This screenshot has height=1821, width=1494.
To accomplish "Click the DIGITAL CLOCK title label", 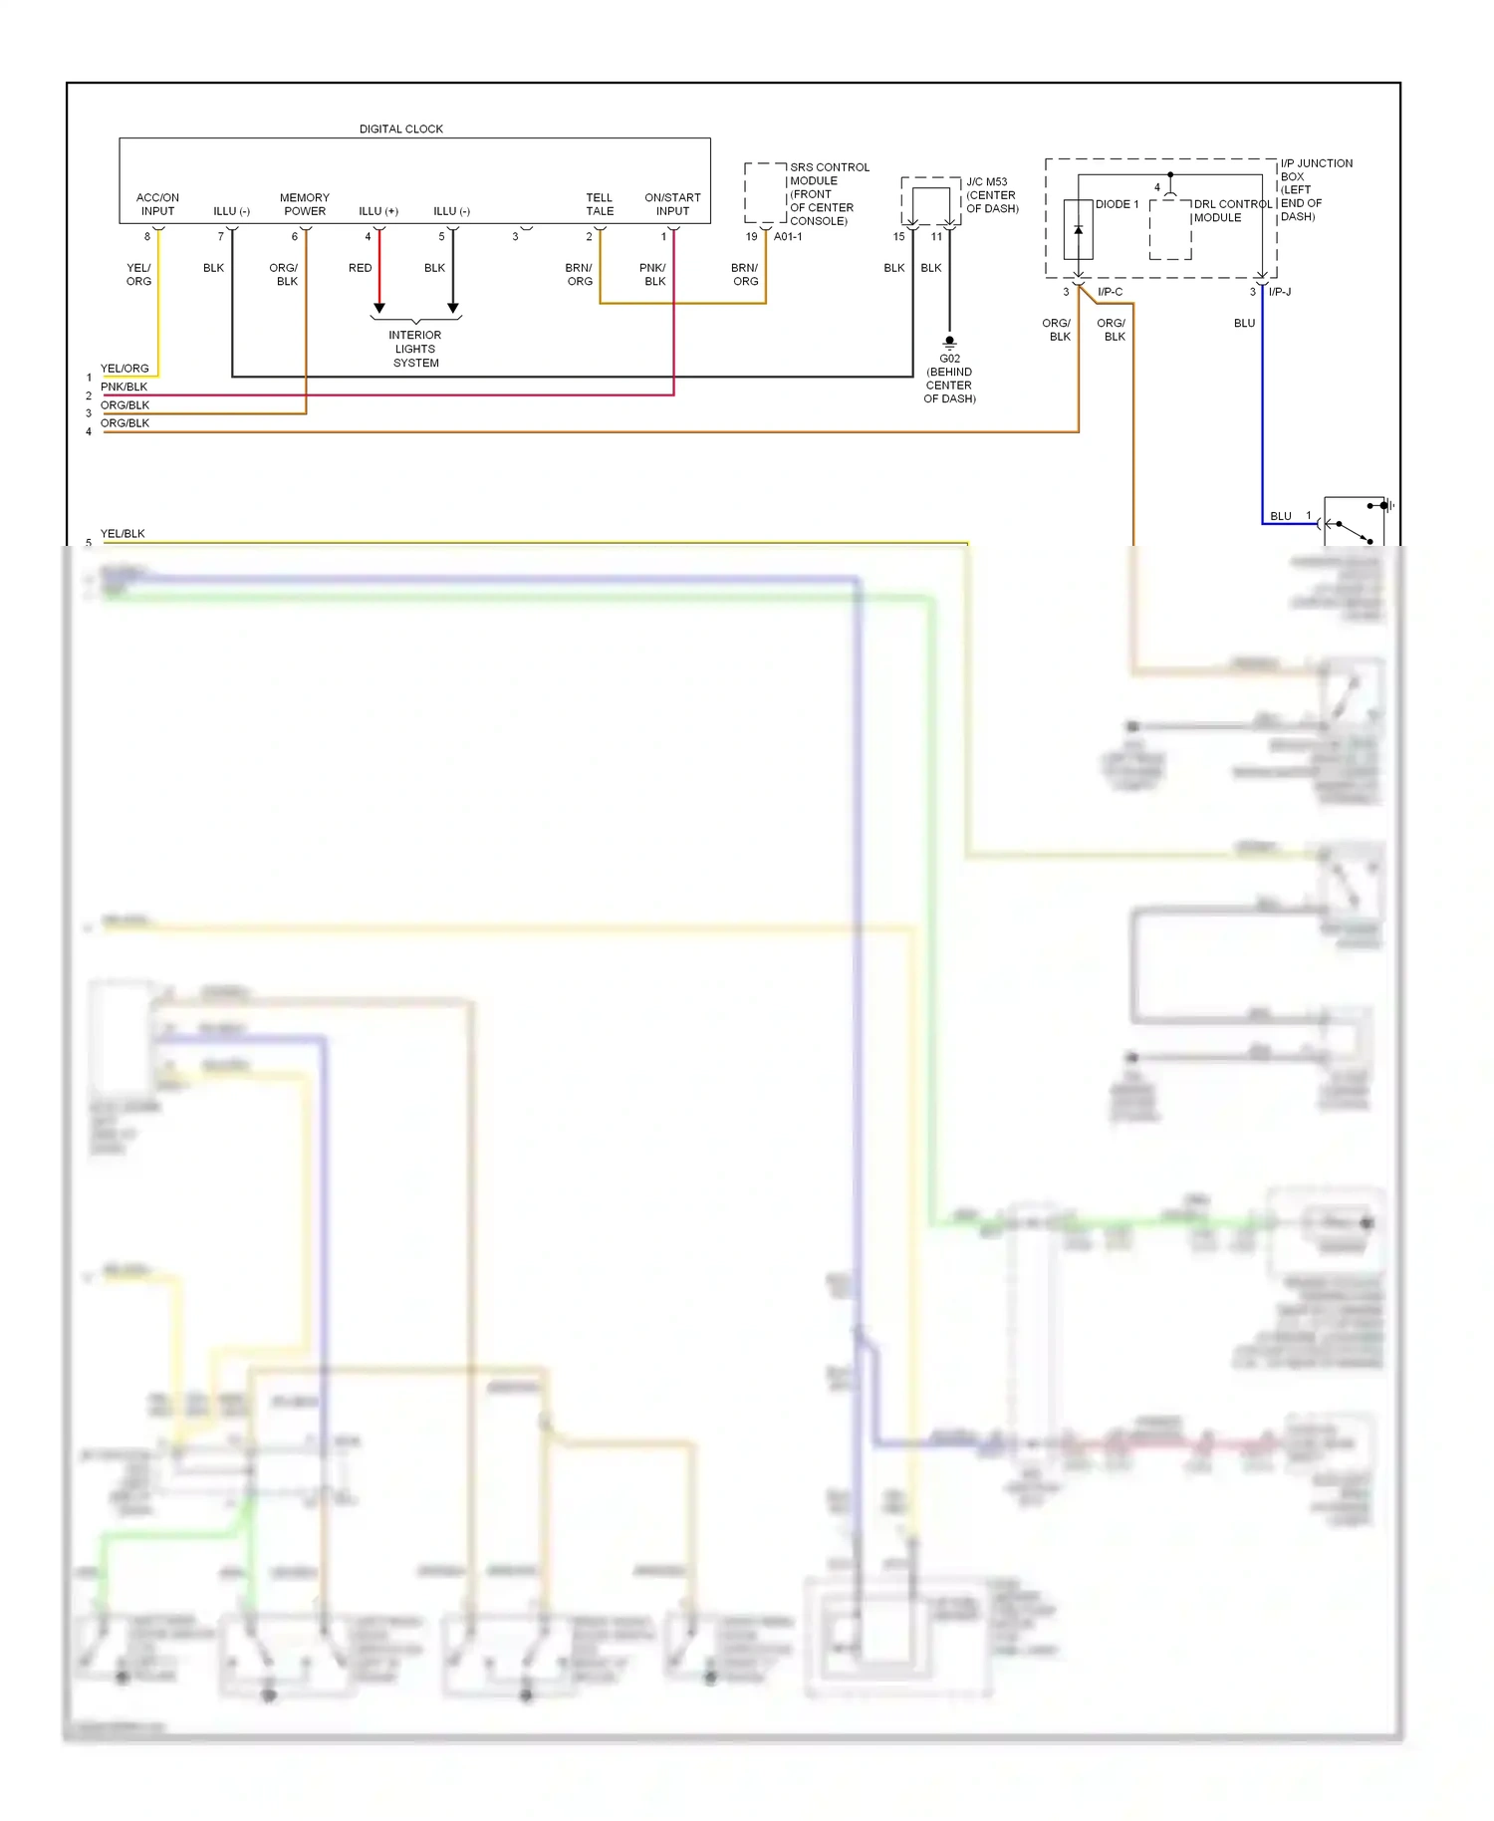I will (x=400, y=129).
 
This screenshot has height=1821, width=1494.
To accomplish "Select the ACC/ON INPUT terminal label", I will (x=157, y=204).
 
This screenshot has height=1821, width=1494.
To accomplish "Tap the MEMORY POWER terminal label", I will (x=304, y=204).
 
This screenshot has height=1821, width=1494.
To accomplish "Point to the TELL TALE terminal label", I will (x=599, y=204).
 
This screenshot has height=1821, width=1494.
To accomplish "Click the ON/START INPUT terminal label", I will (x=672, y=204).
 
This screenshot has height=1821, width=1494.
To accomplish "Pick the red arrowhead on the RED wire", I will (x=378, y=308).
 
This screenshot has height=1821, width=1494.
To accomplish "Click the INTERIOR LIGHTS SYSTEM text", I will (x=415, y=349).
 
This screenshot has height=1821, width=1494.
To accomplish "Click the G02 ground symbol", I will (x=949, y=342).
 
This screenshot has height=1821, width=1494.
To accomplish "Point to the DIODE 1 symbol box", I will (x=1078, y=229).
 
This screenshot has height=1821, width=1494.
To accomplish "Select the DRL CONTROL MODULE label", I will (x=1232, y=210).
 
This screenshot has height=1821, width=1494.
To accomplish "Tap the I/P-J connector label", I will (x=1279, y=292).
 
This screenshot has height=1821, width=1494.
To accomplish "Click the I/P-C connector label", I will (x=1110, y=292).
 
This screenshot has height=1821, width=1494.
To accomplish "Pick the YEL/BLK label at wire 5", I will (x=123, y=534).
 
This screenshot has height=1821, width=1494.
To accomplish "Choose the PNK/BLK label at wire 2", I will (x=124, y=387).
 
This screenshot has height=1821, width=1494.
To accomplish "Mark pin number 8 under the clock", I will (x=147, y=237).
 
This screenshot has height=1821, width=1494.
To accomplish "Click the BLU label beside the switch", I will (x=1281, y=516).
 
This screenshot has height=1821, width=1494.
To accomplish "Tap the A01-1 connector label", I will (x=787, y=237).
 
